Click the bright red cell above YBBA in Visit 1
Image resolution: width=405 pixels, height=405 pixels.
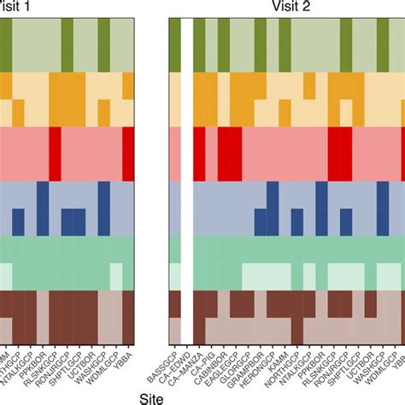pos(129,154)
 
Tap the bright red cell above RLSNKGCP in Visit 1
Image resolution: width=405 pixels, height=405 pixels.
pos(55,154)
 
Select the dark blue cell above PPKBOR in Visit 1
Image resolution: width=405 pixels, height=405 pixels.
pos(42,208)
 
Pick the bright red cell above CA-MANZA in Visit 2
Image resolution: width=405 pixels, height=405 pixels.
pos(199,154)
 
